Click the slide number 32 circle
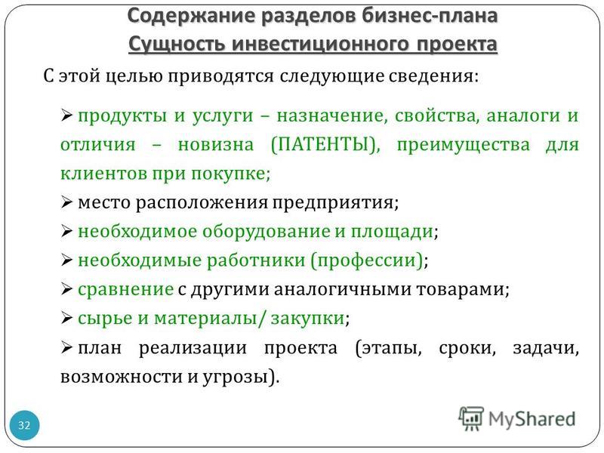point(24,425)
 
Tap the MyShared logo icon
point(470,418)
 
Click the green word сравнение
point(125,289)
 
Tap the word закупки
point(307,318)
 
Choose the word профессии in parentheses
point(369,260)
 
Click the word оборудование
point(267,232)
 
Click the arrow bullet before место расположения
point(66,202)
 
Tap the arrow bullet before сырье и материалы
point(66,318)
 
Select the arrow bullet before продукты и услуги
point(66,116)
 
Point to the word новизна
point(216,145)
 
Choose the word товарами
point(460,289)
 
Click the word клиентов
point(104,174)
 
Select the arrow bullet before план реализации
point(66,347)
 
